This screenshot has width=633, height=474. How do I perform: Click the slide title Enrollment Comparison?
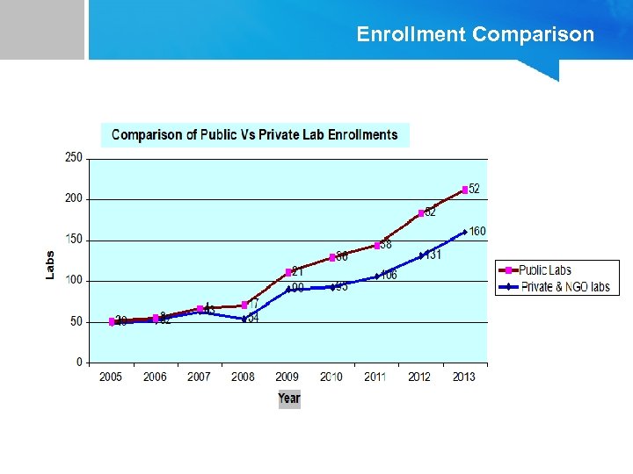475,34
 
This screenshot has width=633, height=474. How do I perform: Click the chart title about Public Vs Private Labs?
254,134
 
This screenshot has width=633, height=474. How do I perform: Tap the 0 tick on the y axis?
79,363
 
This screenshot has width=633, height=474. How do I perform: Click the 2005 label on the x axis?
111,377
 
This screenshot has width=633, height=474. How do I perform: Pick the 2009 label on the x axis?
287,377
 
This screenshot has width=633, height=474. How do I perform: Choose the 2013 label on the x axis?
464,377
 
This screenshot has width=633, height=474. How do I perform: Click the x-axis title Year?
289,399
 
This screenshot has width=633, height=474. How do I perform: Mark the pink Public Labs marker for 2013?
465,190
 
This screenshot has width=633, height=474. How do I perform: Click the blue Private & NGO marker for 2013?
465,233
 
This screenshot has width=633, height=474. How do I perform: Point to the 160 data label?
477,231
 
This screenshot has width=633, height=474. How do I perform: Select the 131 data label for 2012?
433,255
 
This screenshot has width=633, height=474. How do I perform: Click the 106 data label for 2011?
389,275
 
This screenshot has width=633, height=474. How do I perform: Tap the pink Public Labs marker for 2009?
288,272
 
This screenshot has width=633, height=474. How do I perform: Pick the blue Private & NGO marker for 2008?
244,319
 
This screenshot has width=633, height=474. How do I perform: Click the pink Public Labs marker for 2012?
421,213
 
